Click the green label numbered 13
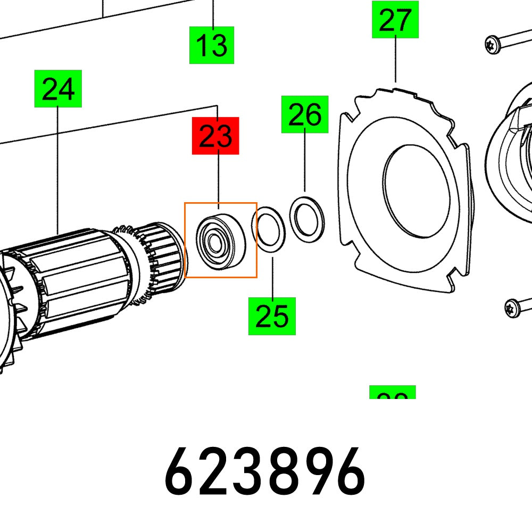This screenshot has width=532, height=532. (212, 45)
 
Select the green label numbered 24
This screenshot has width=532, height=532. (58, 88)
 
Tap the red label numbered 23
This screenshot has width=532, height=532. (215, 136)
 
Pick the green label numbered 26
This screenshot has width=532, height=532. (305, 114)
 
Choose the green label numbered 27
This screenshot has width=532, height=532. (395, 20)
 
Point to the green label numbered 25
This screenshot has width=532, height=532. (272, 316)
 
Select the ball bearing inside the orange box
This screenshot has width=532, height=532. (219, 238)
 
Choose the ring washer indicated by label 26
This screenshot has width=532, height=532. (307, 217)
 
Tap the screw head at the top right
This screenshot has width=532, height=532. (492, 44)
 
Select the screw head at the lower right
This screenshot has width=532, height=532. (512, 307)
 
